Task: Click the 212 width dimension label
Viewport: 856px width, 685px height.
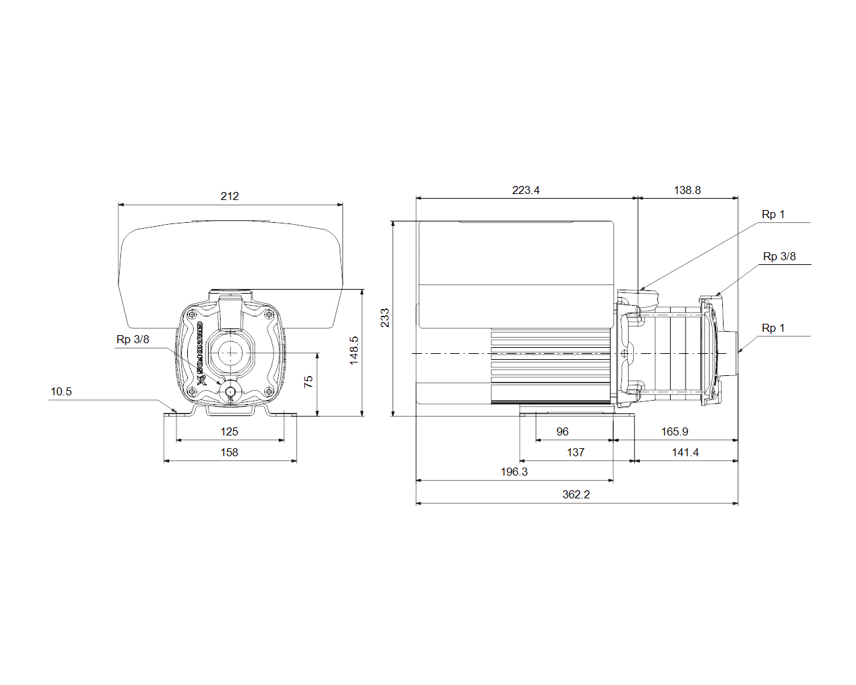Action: tap(229, 196)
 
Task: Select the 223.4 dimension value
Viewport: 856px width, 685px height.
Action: tap(526, 190)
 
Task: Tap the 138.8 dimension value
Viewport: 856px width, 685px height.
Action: tap(687, 190)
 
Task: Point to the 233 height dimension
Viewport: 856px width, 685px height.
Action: tap(385, 318)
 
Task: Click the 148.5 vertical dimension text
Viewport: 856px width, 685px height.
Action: tap(354, 351)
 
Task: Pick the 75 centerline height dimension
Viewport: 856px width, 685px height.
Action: tap(308, 382)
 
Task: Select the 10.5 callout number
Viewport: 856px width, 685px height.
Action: tap(62, 391)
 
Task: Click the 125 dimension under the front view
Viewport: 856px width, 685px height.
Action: tap(229, 431)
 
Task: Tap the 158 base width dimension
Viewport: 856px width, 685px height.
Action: tap(229, 452)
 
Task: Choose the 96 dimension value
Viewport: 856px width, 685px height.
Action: tap(562, 431)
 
